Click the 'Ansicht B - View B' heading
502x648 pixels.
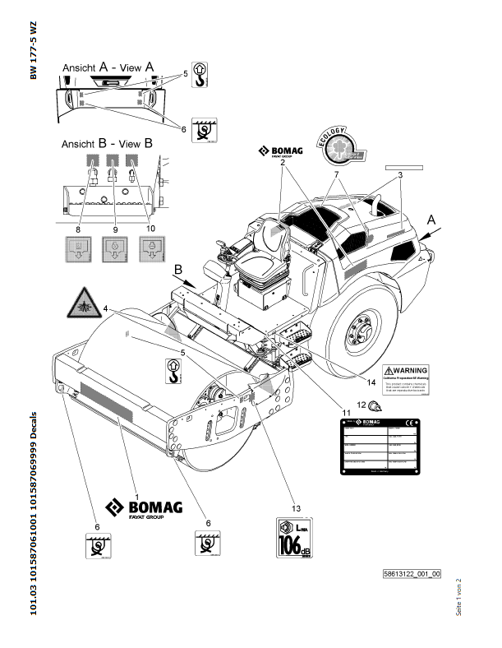coord(107,142)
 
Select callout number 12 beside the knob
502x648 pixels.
coord(361,403)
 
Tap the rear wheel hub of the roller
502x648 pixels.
coord(358,332)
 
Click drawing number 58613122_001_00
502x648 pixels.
coord(412,573)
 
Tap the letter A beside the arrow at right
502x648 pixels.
coord(431,220)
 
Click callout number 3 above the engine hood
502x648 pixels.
coord(399,175)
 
